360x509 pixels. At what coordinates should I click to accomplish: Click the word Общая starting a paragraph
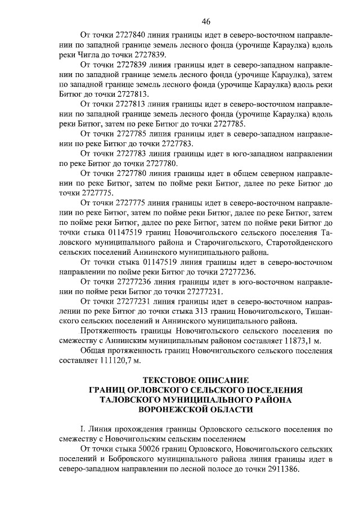[94, 351]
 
